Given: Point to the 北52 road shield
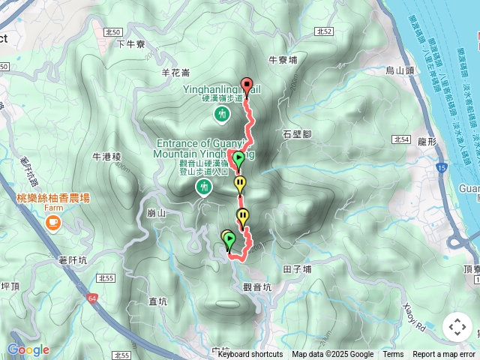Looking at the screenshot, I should click(324, 31).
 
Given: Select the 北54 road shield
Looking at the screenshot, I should click(400, 139).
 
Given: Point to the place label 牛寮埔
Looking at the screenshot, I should click(282, 59).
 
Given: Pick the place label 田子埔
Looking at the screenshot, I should click(298, 269).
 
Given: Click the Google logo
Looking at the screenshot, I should click(28, 349).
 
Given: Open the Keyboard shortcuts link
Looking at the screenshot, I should click(250, 355).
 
